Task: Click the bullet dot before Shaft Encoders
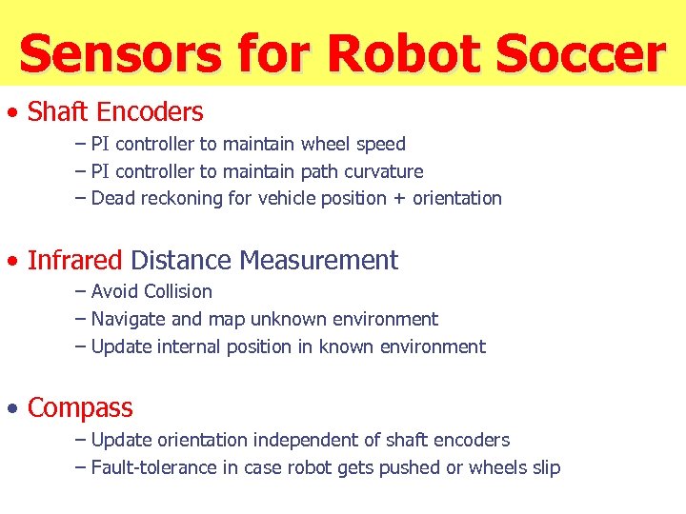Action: [x=12, y=113]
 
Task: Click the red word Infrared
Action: [x=75, y=260]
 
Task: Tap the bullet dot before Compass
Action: [x=12, y=409]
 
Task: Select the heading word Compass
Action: [x=80, y=408]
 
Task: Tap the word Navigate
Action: [x=129, y=319]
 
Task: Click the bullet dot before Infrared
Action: [x=12, y=261]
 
